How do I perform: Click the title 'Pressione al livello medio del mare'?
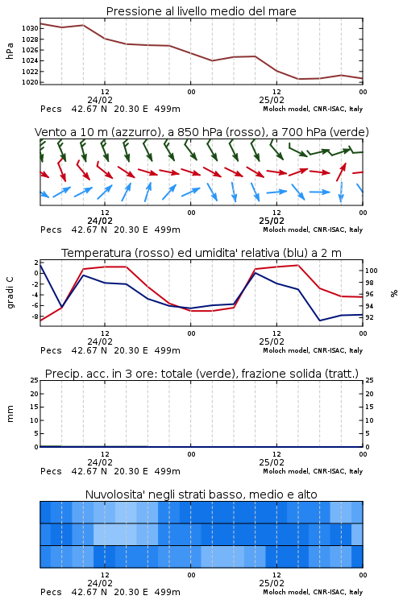point(201,11)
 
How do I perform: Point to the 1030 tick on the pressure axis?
point(30,28)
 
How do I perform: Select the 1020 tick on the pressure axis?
point(30,82)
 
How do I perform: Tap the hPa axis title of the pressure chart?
point(10,51)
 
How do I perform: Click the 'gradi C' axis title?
point(10,292)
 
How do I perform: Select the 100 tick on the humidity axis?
point(372,271)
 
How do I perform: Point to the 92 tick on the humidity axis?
point(369,317)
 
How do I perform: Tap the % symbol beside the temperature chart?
point(394,293)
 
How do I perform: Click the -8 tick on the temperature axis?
point(35,316)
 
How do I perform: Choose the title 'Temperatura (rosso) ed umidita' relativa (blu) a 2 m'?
point(201,253)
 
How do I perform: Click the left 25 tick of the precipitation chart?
point(35,380)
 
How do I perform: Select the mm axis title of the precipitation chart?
point(10,414)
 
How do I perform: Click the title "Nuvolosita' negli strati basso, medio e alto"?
point(201,494)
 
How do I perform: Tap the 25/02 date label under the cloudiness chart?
point(272,583)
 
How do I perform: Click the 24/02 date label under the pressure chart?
point(100,100)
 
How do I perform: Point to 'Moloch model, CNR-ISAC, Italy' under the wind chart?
point(313,230)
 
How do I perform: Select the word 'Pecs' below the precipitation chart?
point(51,471)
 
